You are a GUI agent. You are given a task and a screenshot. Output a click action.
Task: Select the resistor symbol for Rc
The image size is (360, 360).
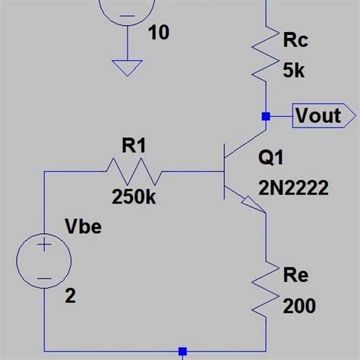tap(265, 54)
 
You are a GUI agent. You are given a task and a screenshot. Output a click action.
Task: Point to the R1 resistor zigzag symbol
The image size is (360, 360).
tap(134, 172)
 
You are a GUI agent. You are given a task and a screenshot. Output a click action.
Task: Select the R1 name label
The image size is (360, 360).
tap(134, 147)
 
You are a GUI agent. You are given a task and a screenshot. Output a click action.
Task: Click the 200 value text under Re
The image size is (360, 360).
tap(299, 306)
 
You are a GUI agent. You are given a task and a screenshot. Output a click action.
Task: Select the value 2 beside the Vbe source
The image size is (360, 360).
tap(71, 296)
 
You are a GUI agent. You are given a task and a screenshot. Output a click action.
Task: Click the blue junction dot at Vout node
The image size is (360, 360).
tap(265, 117)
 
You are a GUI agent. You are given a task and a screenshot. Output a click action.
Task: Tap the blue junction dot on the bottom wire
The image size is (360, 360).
tap(182, 351)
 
